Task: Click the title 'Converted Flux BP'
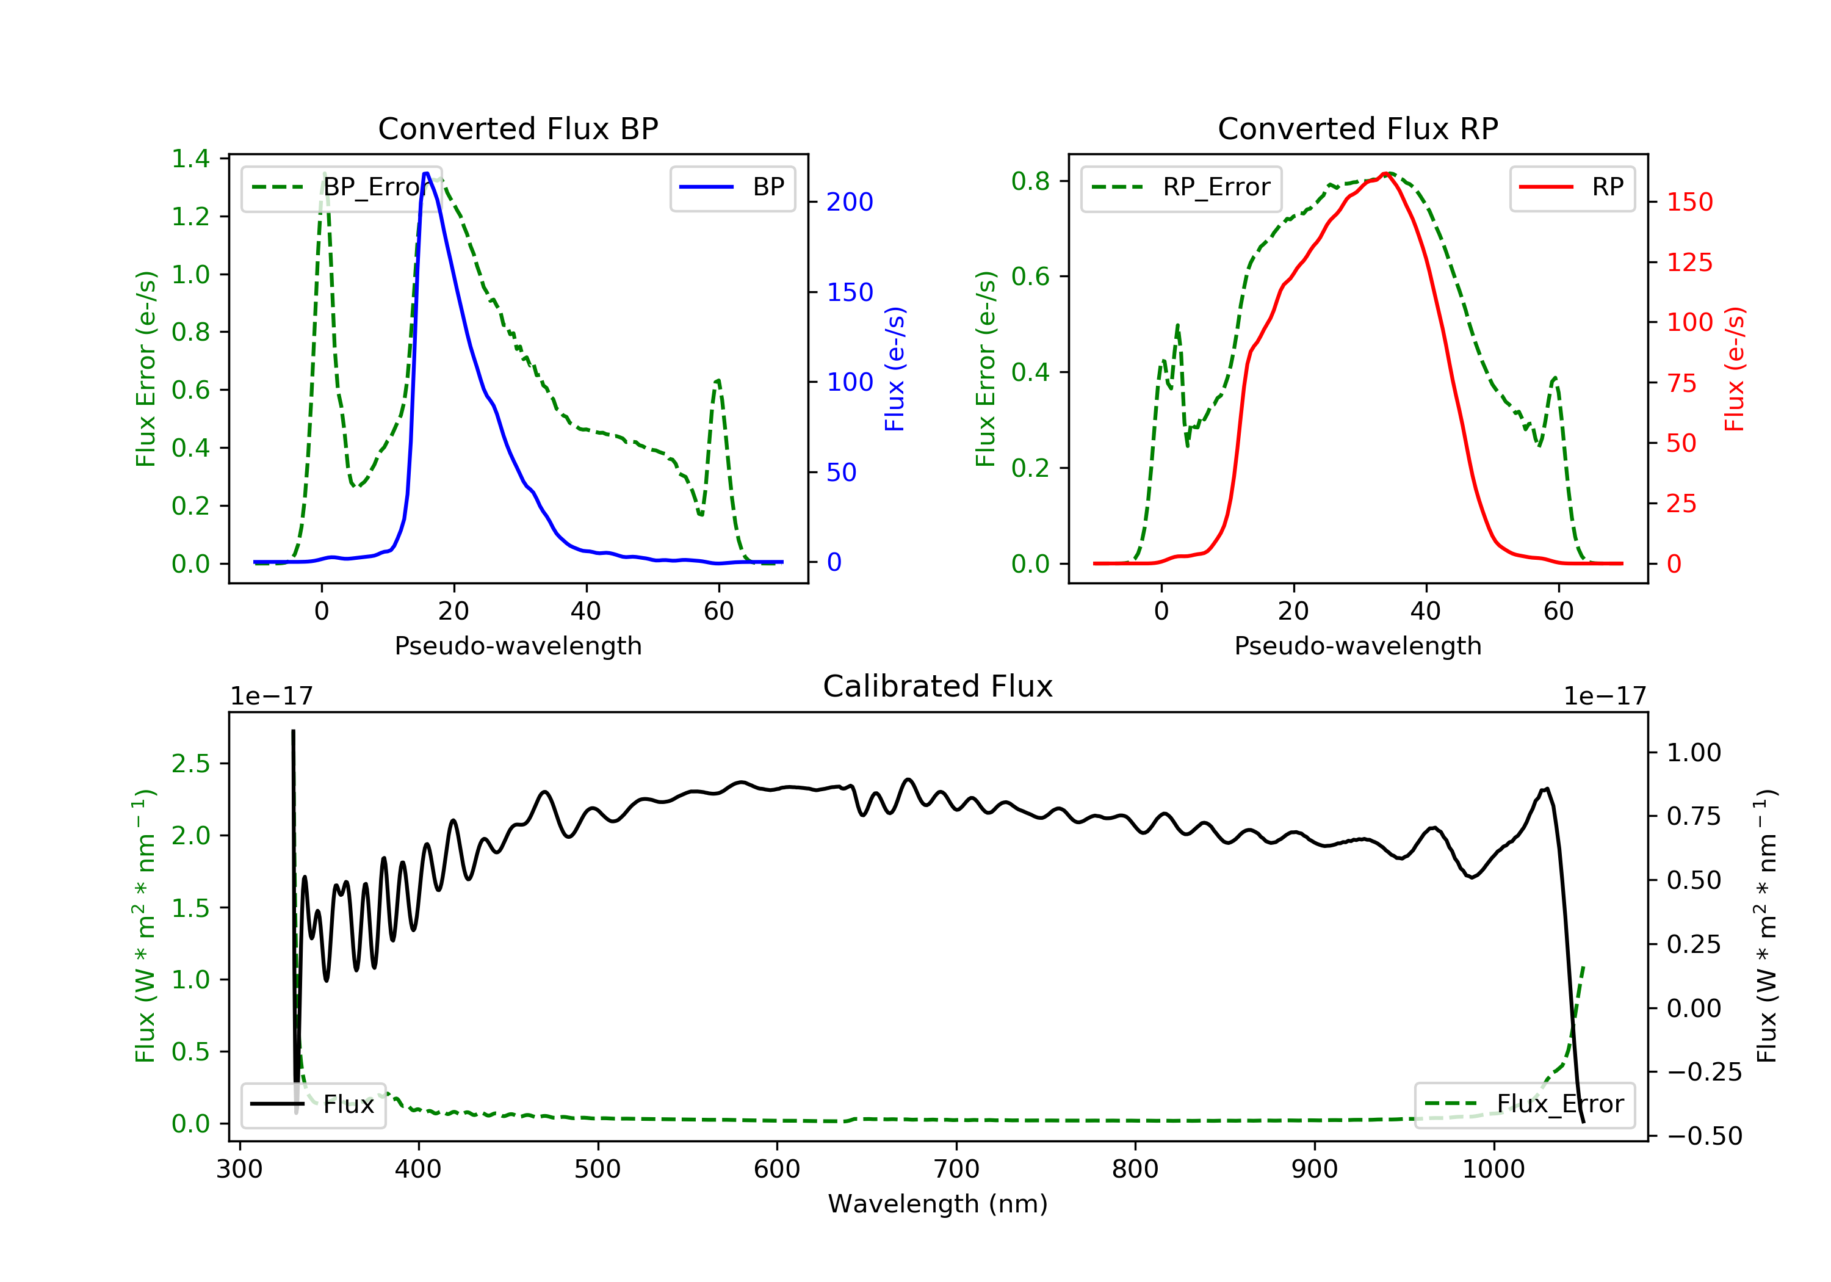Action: click(518, 128)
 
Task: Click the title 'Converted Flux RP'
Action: click(1358, 128)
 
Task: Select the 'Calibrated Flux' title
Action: click(938, 686)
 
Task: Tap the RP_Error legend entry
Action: click(1181, 187)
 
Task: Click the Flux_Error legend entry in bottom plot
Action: click(1524, 1104)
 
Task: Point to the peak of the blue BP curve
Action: click(427, 173)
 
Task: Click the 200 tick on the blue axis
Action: click(850, 202)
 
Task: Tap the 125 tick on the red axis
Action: click(1689, 263)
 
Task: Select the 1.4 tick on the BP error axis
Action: click(190, 159)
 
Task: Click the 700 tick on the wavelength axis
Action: click(956, 1170)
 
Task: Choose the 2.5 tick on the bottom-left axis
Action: click(190, 764)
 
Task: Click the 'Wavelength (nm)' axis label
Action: click(938, 1204)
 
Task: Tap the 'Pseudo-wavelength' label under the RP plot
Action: click(1358, 645)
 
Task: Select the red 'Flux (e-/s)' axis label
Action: click(1735, 369)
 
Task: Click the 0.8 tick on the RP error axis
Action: click(1030, 181)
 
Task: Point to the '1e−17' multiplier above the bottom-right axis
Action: click(1605, 697)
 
